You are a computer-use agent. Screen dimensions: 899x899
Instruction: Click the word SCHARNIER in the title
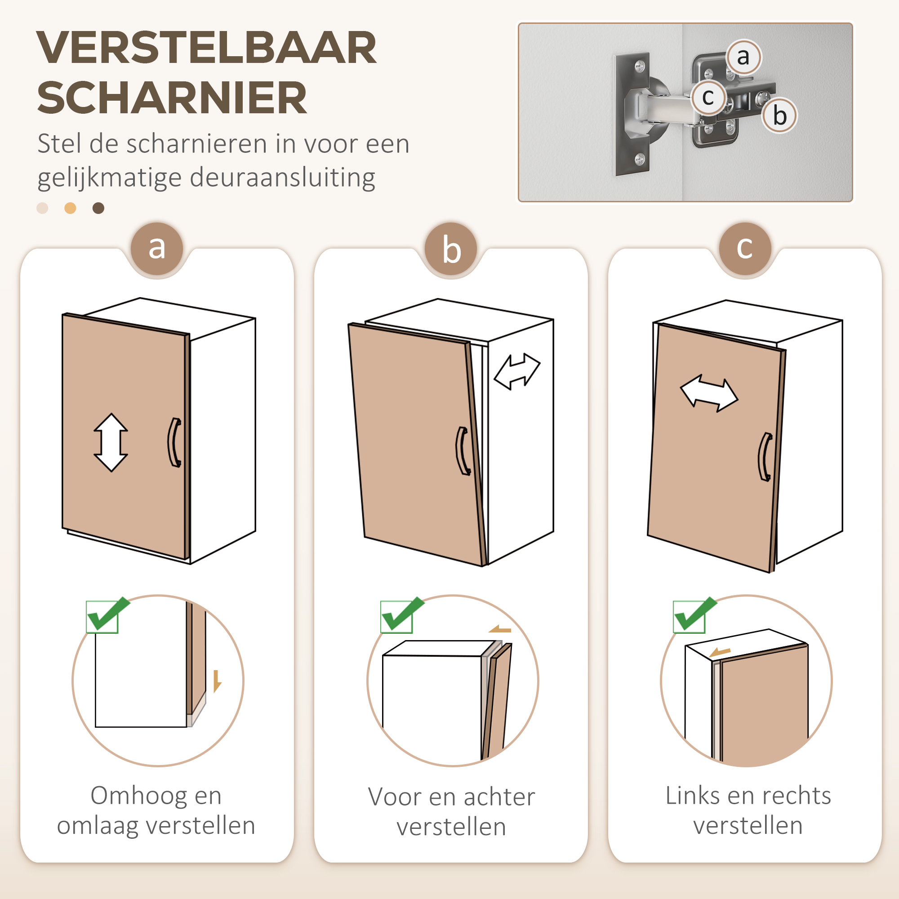coord(172,98)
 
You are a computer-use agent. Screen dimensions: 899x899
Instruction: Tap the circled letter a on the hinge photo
coord(743,57)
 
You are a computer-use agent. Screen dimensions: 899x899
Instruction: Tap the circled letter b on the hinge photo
coord(779,116)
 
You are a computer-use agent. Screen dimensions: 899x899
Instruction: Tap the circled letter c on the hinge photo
coord(708,97)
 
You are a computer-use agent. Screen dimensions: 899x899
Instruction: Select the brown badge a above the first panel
coord(157,248)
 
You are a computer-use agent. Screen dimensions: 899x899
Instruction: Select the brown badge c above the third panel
coord(744,248)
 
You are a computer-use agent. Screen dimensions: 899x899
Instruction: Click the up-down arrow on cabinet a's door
coord(111,442)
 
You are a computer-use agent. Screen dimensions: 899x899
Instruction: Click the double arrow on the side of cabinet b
coord(517,371)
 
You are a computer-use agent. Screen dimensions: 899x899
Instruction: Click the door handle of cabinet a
coord(174,442)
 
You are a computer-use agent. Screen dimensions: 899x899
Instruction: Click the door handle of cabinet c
coord(765,457)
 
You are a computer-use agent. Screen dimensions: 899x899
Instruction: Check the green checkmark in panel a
coord(107,615)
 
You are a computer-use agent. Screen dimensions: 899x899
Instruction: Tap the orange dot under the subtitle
coord(70,208)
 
